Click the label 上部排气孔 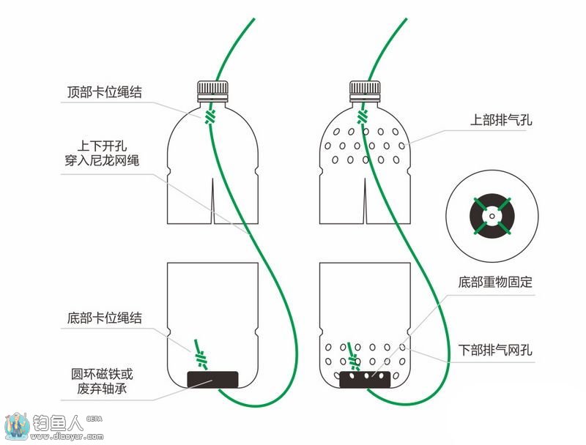[501, 120]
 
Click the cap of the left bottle [213, 91]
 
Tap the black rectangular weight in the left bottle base [213, 378]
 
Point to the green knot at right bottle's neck [363, 116]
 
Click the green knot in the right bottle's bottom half [355, 359]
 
